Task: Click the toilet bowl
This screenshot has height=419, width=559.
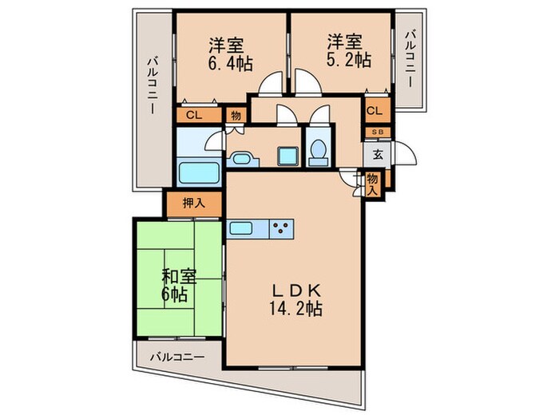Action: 318,150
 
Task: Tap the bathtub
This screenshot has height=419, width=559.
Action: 197,172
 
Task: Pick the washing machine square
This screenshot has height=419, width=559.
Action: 286,156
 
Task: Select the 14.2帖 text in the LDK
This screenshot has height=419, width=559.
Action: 295,309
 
